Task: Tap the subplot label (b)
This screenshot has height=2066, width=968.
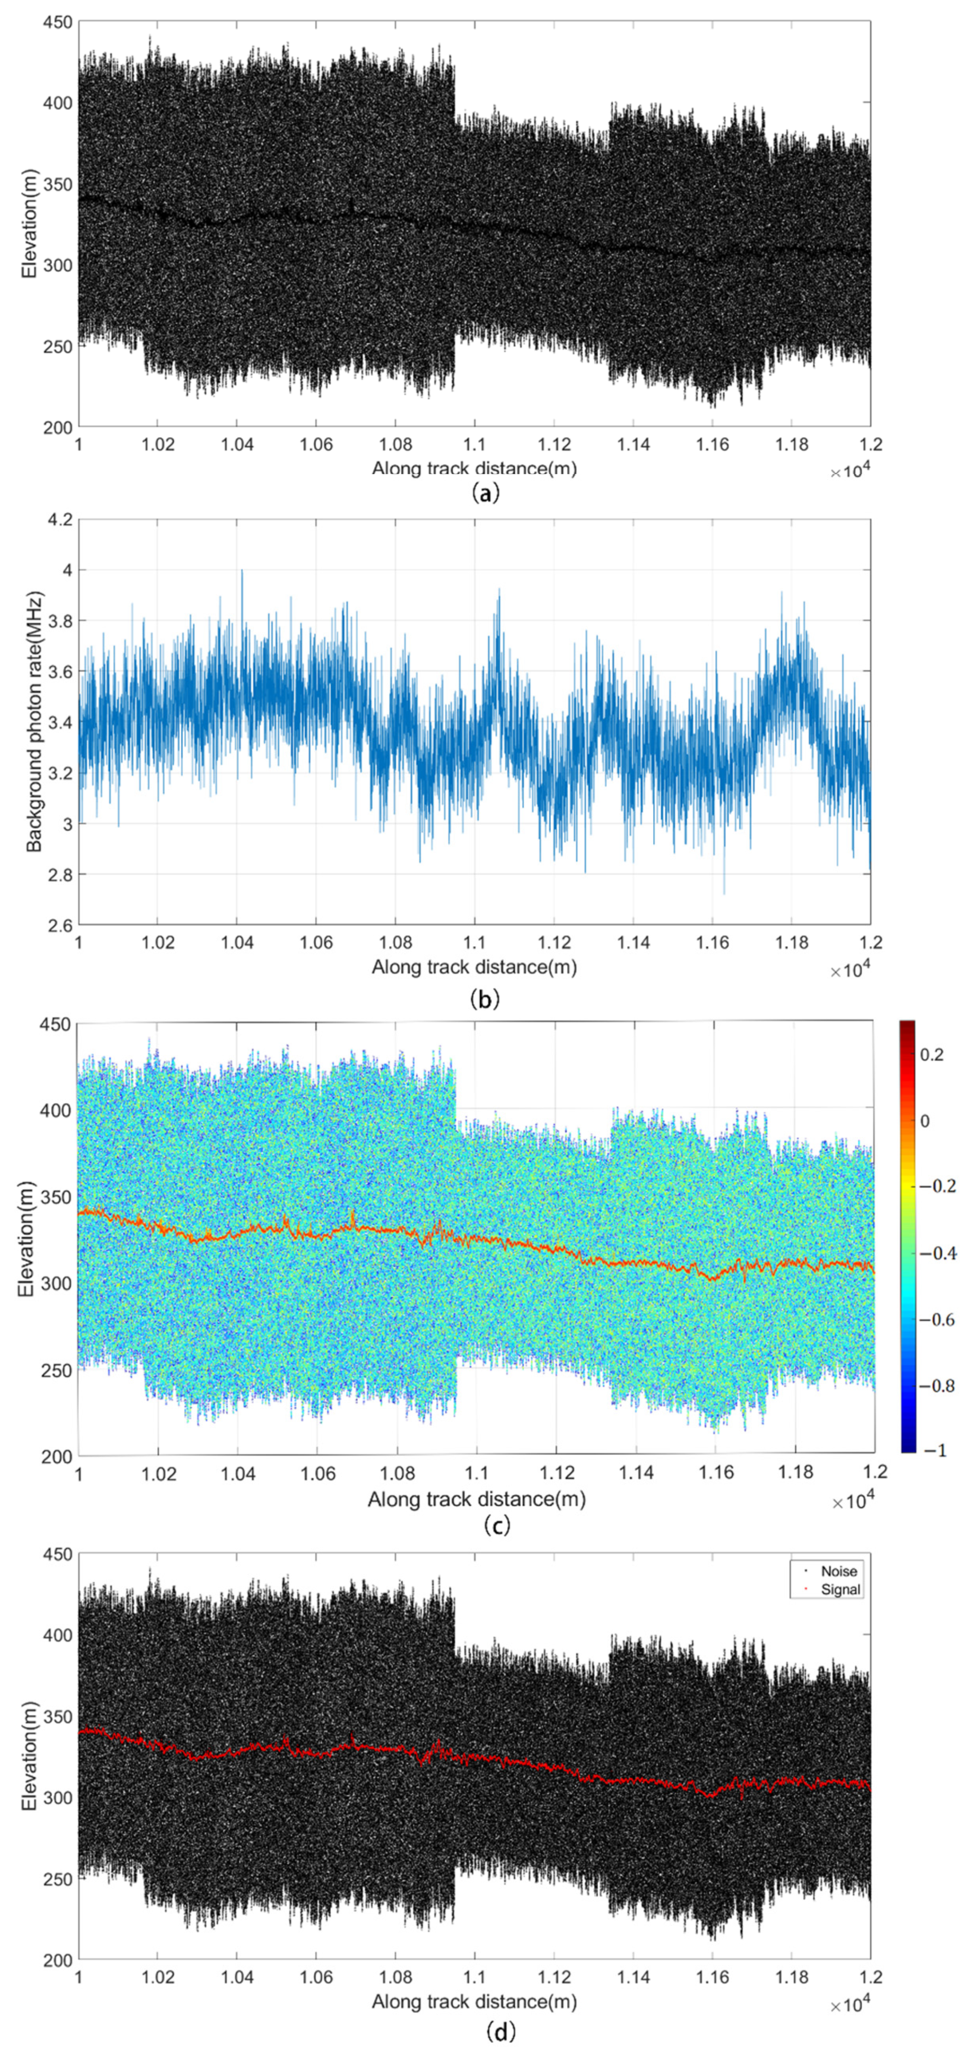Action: click(x=485, y=999)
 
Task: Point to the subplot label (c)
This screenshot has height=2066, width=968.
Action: click(x=497, y=1524)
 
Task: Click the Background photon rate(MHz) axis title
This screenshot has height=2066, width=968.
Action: click(x=34, y=722)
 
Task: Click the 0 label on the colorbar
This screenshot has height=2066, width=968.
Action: click(x=925, y=1120)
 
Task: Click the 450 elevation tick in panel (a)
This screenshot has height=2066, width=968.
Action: click(x=58, y=23)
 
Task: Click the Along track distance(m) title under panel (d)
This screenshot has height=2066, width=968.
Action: click(x=474, y=2001)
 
